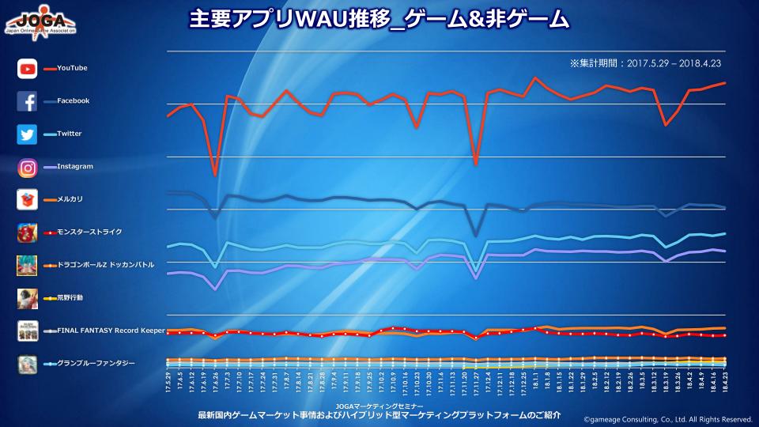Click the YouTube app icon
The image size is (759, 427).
[28, 69]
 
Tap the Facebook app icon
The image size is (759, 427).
[28, 101]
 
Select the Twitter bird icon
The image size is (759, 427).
[28, 134]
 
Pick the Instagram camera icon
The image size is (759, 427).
[28, 167]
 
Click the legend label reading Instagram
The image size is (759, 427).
[75, 167]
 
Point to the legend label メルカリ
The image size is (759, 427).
[70, 199]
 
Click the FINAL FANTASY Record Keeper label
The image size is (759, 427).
[110, 330]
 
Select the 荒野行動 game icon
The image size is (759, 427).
[28, 297]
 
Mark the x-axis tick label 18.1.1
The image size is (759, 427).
[536, 387]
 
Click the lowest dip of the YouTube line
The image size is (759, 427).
[214, 175]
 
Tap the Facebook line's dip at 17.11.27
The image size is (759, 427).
[475, 236]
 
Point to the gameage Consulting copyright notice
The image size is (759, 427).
[667, 419]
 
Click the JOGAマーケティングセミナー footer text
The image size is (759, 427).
[379, 405]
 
